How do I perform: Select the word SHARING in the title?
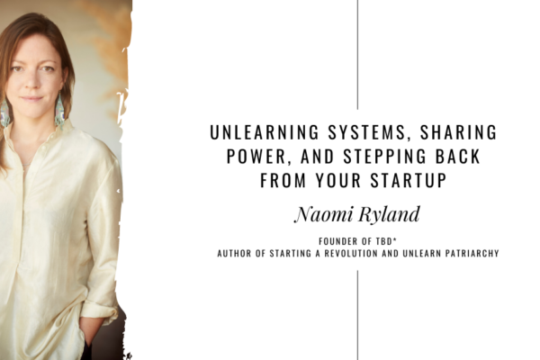458,132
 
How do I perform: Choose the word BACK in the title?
458,156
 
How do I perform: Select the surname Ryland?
389,214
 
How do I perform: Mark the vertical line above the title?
357,54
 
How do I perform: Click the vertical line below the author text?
357,315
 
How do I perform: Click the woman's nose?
31,82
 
